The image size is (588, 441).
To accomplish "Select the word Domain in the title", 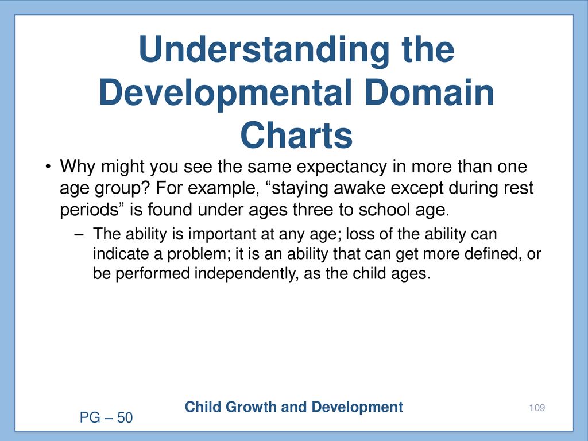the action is pos(429,92).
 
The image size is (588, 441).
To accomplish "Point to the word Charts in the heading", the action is pos(296,134).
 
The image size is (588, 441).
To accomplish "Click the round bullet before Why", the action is pos(48,167).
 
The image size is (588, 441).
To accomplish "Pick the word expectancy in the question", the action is pos(341,167).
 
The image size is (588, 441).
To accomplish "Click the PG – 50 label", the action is pos(106,418).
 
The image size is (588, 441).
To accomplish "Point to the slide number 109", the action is pos(537,408).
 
